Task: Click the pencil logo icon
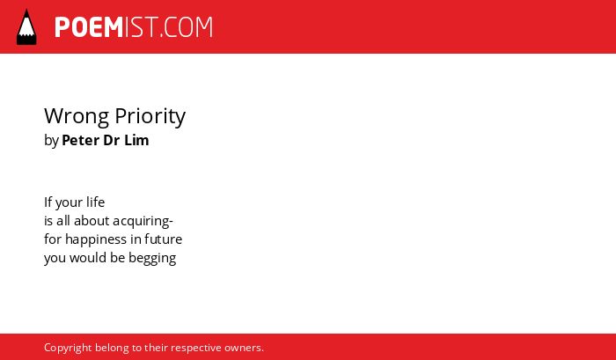click(x=26, y=27)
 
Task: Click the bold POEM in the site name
click(x=89, y=27)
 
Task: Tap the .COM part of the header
click(x=187, y=27)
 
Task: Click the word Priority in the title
click(x=150, y=116)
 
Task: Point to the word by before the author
click(x=51, y=141)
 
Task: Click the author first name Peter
click(x=80, y=140)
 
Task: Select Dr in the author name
click(x=111, y=140)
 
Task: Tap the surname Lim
click(x=136, y=140)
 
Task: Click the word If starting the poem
click(x=48, y=202)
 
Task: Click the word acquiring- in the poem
click(x=143, y=221)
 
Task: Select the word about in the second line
click(x=92, y=221)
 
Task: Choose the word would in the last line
click(x=82, y=258)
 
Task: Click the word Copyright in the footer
click(x=68, y=349)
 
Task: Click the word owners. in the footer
click(x=244, y=348)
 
